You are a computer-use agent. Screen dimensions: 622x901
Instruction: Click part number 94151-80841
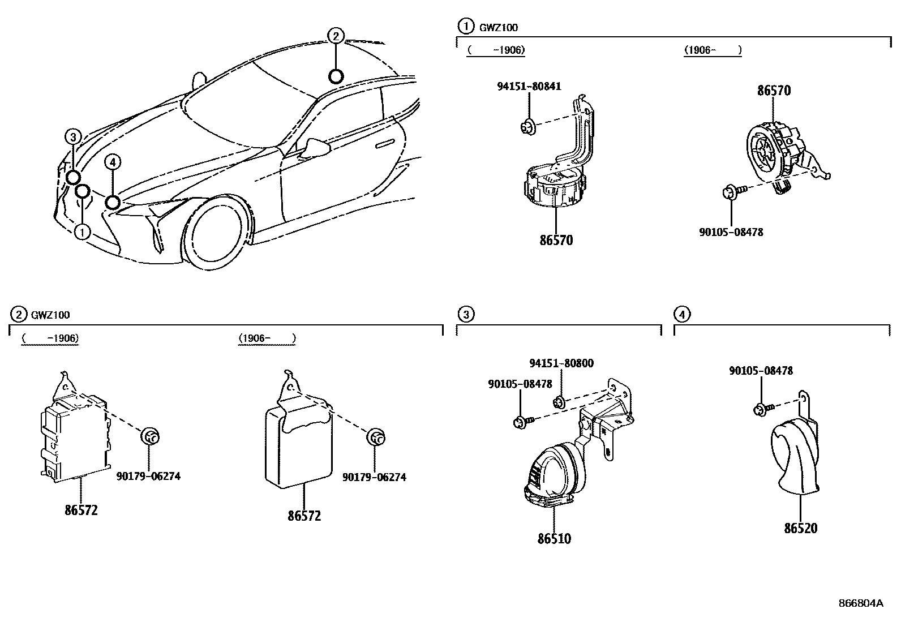529,87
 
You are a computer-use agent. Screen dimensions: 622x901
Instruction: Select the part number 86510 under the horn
554,539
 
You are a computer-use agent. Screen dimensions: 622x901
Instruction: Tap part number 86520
800,529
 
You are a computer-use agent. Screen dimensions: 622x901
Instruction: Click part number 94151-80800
561,363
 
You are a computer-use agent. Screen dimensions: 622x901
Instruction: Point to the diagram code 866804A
860,603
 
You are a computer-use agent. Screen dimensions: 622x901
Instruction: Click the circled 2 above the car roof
336,37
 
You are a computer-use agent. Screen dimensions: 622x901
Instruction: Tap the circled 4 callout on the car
113,163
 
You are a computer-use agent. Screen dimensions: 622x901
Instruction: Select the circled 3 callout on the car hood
73,136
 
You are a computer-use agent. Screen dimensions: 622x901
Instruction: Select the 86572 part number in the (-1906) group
81,510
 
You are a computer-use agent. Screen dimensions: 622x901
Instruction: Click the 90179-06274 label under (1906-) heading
374,477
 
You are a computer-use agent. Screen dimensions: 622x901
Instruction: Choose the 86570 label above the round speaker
774,91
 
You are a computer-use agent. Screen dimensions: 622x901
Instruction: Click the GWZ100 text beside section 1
498,27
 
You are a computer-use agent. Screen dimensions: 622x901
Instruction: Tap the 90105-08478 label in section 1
731,232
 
